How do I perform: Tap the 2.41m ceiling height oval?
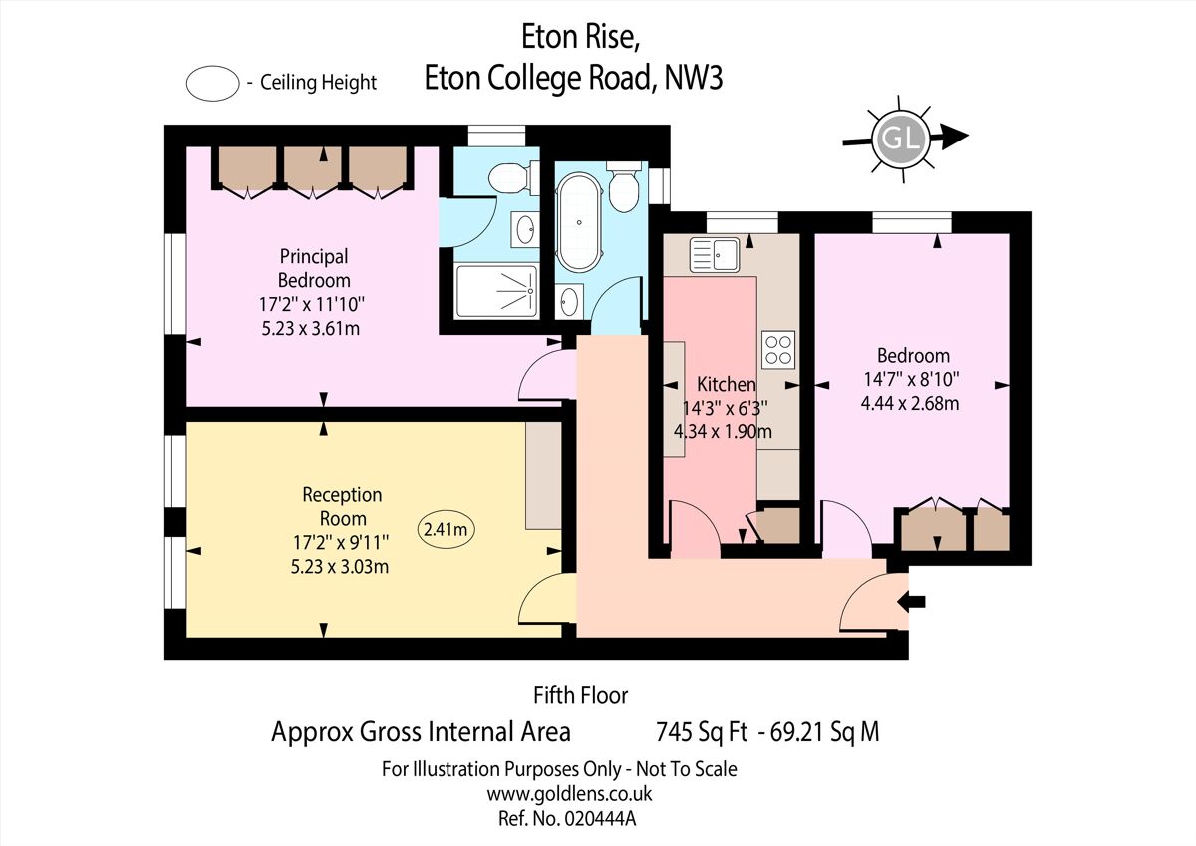coord(446,530)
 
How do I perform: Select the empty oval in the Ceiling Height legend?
coord(212,83)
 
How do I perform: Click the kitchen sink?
coord(715,254)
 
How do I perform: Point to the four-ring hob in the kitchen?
coord(778,349)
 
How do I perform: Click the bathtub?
coord(577,222)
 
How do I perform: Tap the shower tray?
coord(496,290)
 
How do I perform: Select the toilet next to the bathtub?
coord(624,188)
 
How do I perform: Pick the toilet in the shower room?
coord(509,180)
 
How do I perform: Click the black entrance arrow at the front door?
coord(912,601)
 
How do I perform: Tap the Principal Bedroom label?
coord(314,268)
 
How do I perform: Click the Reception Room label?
coord(343,506)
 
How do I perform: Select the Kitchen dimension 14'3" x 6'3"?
coord(725,408)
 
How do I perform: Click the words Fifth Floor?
coord(581,695)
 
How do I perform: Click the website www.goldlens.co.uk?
coord(569,794)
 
